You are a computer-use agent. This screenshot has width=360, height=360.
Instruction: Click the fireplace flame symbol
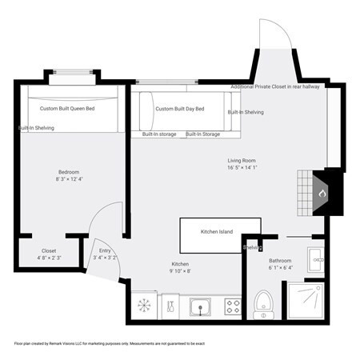[x=323, y=194]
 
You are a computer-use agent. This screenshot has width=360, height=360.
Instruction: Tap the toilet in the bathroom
[x=263, y=302]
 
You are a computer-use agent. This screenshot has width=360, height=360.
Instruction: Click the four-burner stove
[x=234, y=305]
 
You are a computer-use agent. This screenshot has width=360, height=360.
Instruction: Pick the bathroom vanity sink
[x=315, y=258]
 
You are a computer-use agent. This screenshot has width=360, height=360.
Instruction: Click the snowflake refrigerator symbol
[x=145, y=305]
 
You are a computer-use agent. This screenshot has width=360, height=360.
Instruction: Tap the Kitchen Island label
[x=216, y=232]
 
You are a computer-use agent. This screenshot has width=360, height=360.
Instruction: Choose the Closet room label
[x=49, y=250]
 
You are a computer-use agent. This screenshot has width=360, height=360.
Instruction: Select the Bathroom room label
[x=280, y=261]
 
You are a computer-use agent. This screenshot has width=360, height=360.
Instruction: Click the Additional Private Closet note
[x=277, y=86]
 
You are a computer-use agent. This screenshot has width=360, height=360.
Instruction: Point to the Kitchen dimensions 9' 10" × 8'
[x=181, y=271]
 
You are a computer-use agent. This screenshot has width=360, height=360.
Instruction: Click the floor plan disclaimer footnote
[x=109, y=342]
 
